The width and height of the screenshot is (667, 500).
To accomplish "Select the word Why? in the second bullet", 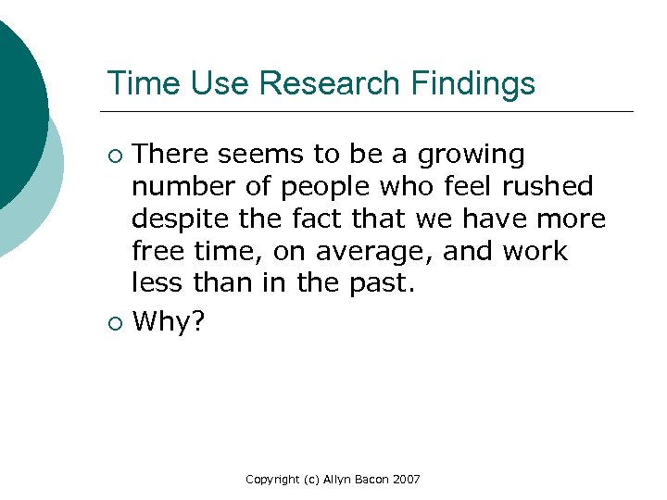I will click(x=170, y=322).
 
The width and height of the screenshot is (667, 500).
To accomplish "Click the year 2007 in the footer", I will click(x=405, y=480).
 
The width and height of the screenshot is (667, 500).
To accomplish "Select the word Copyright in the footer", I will click(x=271, y=480).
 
